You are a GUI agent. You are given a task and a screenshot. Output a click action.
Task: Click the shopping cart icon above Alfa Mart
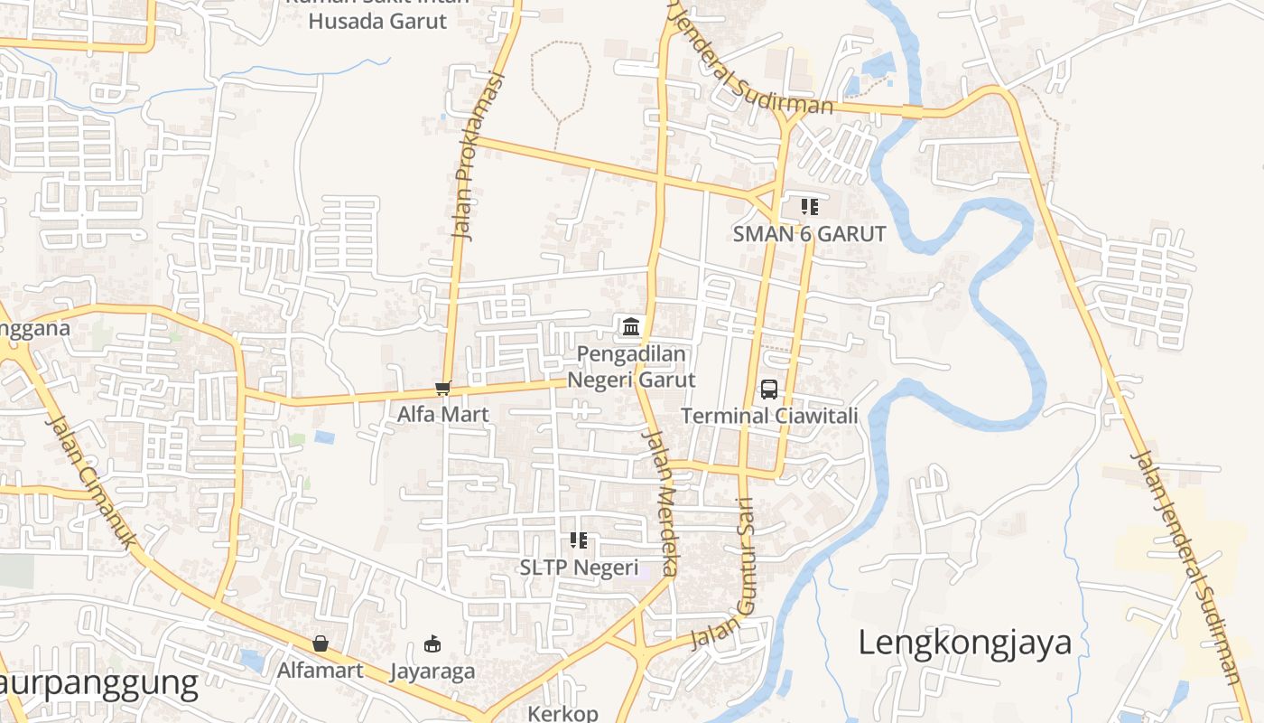pyautogui.click(x=442, y=389)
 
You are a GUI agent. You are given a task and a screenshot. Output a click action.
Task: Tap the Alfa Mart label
pyautogui.click(x=443, y=415)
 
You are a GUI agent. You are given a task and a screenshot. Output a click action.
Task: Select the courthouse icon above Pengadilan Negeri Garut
pyautogui.click(x=631, y=326)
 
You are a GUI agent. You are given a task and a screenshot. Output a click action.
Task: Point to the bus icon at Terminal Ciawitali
pyautogui.click(x=769, y=390)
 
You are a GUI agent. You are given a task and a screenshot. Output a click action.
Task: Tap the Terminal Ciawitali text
pyautogui.click(x=769, y=416)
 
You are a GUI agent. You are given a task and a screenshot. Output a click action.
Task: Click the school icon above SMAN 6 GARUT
pyautogui.click(x=810, y=207)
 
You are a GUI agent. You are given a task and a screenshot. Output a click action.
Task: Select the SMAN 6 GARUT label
pyautogui.click(x=809, y=234)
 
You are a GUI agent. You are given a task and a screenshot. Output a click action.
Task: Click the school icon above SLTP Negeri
pyautogui.click(x=579, y=541)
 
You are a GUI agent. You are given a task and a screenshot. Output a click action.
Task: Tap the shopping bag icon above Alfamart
pyautogui.click(x=320, y=644)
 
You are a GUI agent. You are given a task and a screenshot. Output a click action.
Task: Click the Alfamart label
pyautogui.click(x=320, y=671)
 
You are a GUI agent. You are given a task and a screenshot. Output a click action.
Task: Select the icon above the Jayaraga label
pyautogui.click(x=432, y=644)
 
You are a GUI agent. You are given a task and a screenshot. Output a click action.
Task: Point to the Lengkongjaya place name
pyautogui.click(x=964, y=643)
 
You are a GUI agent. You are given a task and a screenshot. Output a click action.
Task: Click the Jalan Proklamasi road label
pyautogui.click(x=475, y=156)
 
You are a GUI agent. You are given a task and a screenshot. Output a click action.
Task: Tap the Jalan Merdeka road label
pyautogui.click(x=660, y=502)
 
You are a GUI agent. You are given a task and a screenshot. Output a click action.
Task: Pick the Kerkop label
pyautogui.click(x=562, y=714)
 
